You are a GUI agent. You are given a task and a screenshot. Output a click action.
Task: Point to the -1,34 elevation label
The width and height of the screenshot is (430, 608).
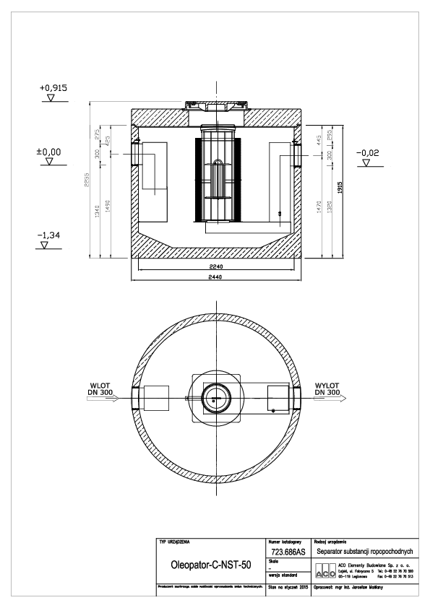tap(50, 235)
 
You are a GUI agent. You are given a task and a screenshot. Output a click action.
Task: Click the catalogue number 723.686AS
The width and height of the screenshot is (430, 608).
tap(286, 550)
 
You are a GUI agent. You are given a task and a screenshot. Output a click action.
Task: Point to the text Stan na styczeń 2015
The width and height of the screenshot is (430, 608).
tap(287, 589)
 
